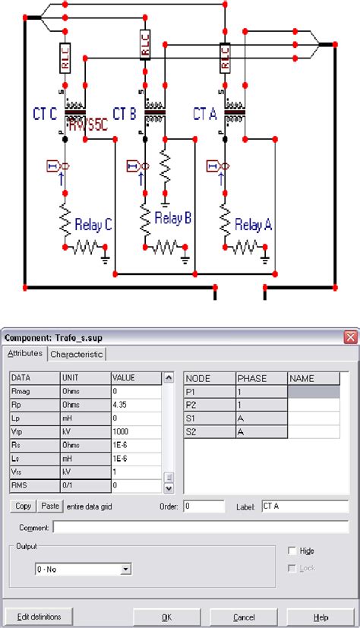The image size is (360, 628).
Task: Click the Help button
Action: point(321,616)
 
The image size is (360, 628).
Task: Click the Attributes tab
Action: point(25,353)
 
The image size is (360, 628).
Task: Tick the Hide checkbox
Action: point(292,551)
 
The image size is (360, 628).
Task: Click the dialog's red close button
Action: point(349,337)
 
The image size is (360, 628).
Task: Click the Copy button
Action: point(23,506)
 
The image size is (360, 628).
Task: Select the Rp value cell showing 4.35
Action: point(136,404)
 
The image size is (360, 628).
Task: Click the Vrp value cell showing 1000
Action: point(136,431)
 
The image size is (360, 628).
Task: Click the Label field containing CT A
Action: point(304,506)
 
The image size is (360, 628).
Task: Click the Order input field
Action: point(203,506)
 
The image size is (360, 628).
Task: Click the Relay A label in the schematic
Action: point(253,225)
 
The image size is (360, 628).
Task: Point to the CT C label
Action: point(46,114)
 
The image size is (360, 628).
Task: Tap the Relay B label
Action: point(172,219)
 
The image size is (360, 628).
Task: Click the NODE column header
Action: point(209,378)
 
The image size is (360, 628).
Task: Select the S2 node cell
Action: point(209,431)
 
